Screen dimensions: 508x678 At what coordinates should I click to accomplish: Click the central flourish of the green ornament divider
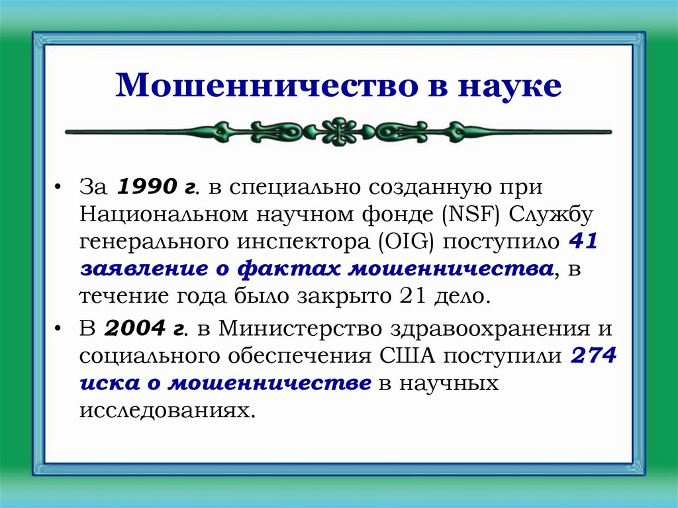[339, 130]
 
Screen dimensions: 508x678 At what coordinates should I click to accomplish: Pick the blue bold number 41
[583, 242]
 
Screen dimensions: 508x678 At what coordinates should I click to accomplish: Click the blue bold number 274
[594, 355]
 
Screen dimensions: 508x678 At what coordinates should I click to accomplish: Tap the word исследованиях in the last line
[167, 409]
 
